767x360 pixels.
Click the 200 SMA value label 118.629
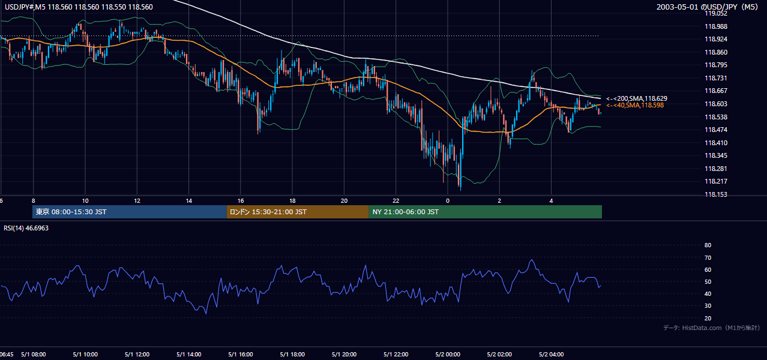(637, 98)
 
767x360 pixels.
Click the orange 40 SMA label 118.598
(635, 106)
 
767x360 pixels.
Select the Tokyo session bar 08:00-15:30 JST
(130, 212)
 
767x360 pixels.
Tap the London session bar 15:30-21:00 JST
(298, 212)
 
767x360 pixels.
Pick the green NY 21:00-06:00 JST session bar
(485, 212)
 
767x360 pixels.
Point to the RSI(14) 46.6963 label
(26, 228)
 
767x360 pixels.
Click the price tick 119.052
(715, 13)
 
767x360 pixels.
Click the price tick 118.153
(715, 194)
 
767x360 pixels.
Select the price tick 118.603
(715, 104)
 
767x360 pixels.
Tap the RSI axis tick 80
(708, 245)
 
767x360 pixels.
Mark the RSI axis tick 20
(708, 318)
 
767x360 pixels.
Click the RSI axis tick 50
(708, 281)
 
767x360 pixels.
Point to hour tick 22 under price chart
(396, 201)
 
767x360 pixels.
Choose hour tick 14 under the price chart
(188, 201)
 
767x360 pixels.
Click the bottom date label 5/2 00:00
(448, 355)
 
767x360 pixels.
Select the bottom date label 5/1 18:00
(292, 355)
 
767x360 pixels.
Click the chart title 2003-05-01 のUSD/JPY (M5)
(707, 7)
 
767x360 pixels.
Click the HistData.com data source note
(712, 328)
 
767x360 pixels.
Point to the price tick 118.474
(715, 130)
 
